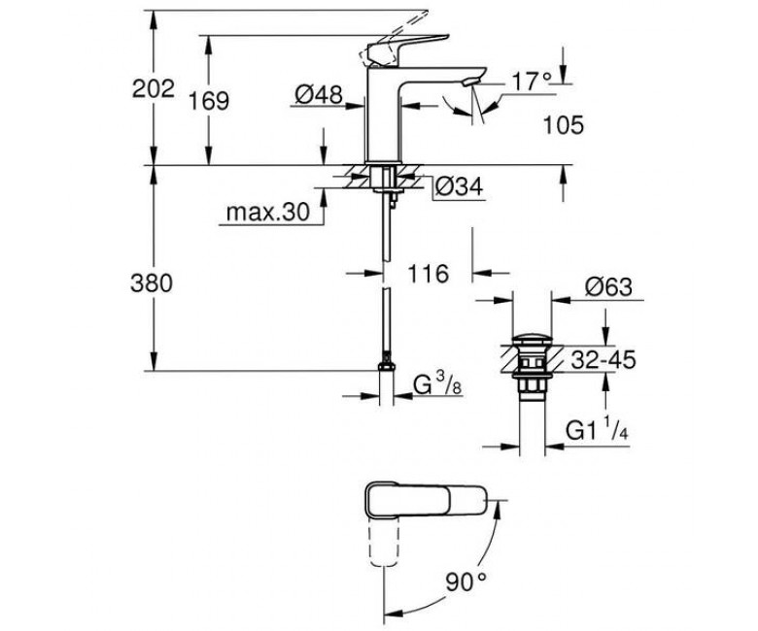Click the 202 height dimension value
click(x=154, y=89)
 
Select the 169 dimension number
click(x=209, y=101)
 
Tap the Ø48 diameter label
click(x=319, y=94)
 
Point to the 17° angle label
click(x=532, y=82)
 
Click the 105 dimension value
click(x=564, y=125)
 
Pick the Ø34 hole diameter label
click(x=459, y=186)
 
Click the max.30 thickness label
click(x=268, y=212)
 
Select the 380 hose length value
click(x=152, y=283)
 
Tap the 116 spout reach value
click(x=429, y=274)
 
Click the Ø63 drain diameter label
click(x=608, y=286)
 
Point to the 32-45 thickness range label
click(x=603, y=360)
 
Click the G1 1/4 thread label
click(x=597, y=430)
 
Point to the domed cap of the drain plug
click(x=532, y=339)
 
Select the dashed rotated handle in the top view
click(x=385, y=544)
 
